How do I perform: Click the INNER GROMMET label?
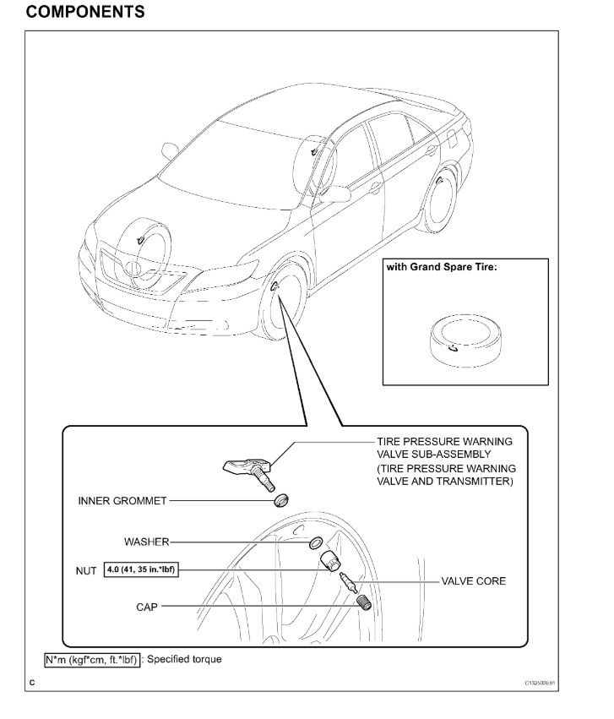[x=118, y=499]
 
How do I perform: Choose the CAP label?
[x=146, y=605]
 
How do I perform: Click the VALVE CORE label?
[x=473, y=582]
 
